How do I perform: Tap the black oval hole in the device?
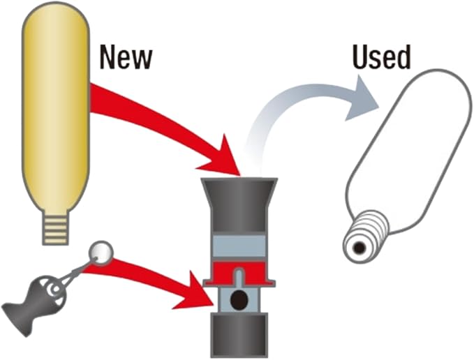[237, 301]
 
